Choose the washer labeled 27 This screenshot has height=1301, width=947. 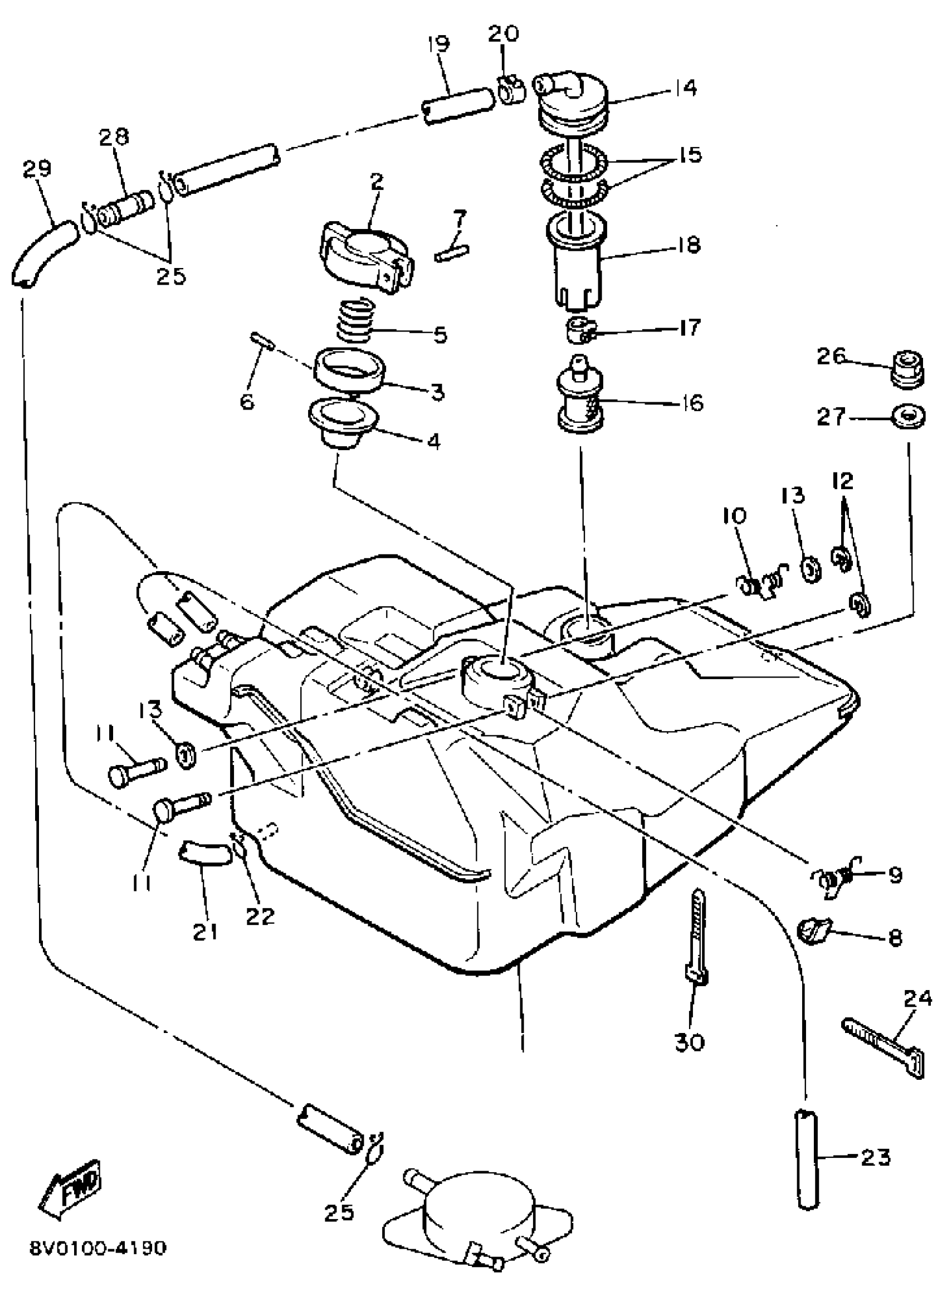point(909,417)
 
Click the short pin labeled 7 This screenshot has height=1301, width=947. point(452,252)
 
